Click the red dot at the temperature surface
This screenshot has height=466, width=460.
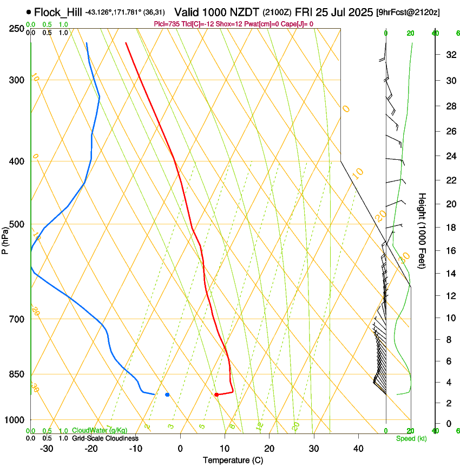click(216, 394)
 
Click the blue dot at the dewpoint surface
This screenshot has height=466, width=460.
click(167, 394)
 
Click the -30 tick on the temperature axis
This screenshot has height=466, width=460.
click(47, 449)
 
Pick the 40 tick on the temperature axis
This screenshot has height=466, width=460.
click(358, 449)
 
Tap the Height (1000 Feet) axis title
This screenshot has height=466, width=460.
click(423, 230)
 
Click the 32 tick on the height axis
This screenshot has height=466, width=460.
click(450, 55)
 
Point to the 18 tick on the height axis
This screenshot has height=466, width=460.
click(450, 228)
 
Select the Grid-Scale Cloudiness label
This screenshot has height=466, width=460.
click(105, 438)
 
